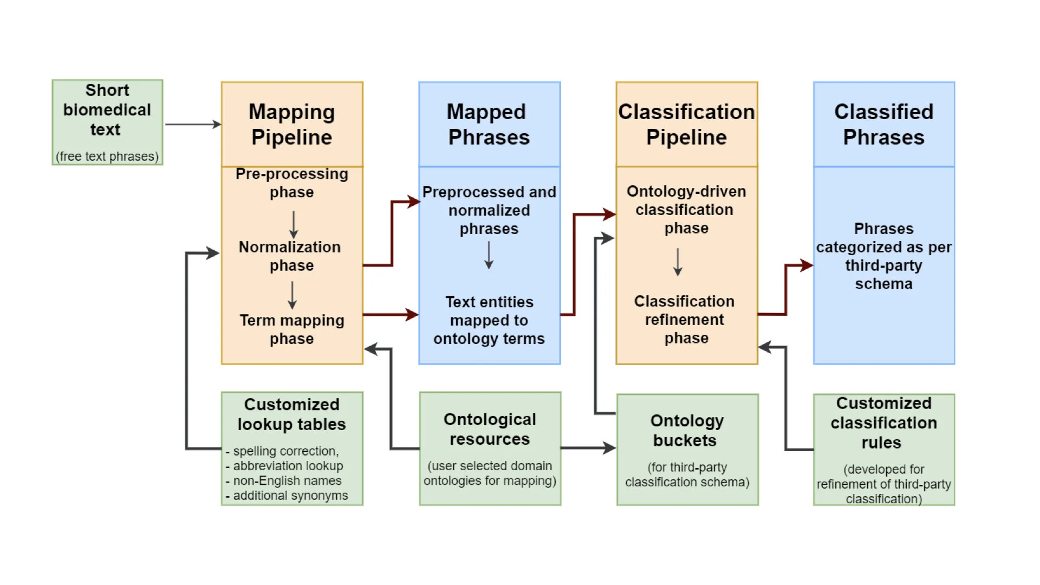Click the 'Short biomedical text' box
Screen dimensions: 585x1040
107,122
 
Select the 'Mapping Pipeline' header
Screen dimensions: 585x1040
292,125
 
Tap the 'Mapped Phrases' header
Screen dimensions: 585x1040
489,125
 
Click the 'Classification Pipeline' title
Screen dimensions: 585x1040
686,125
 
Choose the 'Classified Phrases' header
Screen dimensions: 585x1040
883,125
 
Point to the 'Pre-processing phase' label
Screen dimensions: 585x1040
292,183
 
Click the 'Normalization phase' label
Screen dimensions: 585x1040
290,256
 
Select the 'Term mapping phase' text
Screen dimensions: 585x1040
292,329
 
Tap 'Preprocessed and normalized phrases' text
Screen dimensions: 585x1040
489,210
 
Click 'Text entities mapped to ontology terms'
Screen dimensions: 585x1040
489,320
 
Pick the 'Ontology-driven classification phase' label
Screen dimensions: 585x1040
686,210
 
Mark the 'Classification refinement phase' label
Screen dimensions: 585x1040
685,320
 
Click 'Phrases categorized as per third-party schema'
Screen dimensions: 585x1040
883,256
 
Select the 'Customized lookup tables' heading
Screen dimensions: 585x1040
291,414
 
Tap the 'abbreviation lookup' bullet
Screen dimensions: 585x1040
288,466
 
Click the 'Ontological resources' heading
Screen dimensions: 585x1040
490,429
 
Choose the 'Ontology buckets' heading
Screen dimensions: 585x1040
686,431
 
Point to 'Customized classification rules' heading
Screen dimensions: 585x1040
883,423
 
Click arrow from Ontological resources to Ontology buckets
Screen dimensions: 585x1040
588,448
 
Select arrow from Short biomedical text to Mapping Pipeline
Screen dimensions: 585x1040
192,125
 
